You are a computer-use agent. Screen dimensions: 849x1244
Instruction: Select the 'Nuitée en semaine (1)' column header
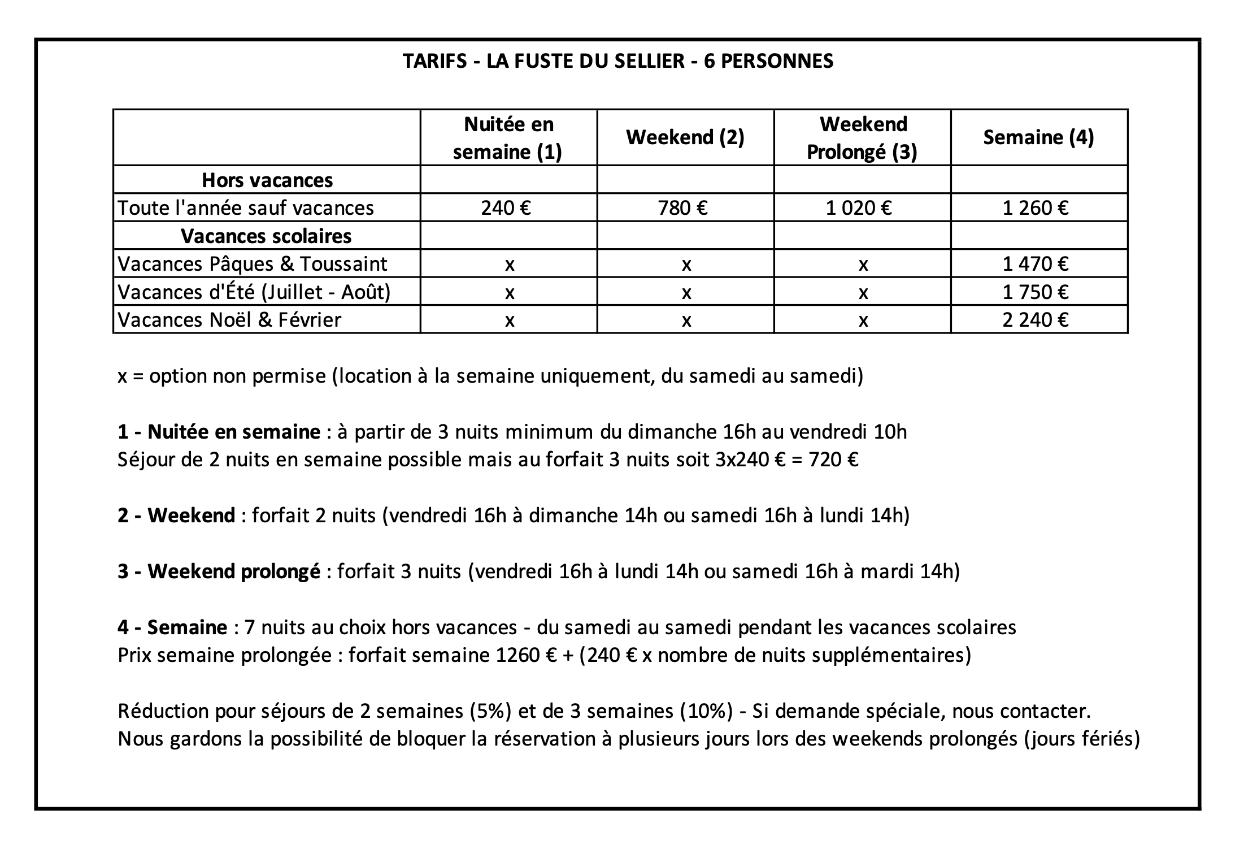(508, 138)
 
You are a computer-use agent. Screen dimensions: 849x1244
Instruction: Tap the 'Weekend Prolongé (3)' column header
(862, 138)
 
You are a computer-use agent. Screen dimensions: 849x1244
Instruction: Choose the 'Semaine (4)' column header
(1038, 137)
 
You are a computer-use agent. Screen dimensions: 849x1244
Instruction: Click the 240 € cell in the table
(506, 208)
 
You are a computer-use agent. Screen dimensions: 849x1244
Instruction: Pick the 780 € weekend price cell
(683, 208)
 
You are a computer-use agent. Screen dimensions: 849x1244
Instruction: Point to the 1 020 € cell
(859, 208)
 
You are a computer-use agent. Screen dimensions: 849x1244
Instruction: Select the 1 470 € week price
(1036, 264)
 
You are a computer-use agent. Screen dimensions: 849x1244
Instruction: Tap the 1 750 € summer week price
(1036, 292)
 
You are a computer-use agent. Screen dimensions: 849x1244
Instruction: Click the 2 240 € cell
(1036, 320)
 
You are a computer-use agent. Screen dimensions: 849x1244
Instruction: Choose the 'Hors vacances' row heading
(267, 180)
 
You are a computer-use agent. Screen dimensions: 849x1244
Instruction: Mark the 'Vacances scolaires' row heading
(266, 236)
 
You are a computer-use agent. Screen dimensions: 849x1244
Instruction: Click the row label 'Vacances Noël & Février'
(229, 320)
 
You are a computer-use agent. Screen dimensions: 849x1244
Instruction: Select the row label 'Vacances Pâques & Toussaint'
(253, 264)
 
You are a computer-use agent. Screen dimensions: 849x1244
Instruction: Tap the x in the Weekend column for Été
(686, 293)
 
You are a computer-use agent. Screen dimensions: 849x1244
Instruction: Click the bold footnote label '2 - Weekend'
(176, 516)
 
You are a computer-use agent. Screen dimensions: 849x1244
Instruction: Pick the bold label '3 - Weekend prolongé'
(219, 571)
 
